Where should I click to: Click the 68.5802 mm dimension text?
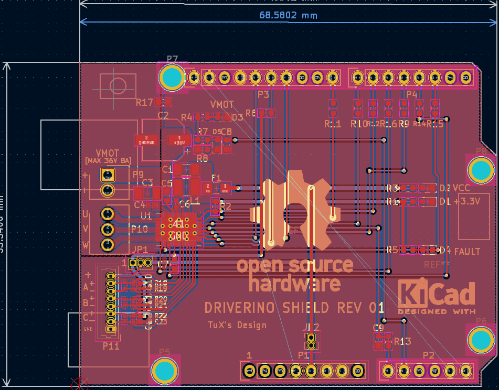pyautogui.click(x=288, y=15)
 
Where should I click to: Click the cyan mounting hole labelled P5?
pyautogui.click(x=165, y=370)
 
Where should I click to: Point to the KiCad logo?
pyautogui.click(x=437, y=297)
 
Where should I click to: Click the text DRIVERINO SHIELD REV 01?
pyautogui.click(x=294, y=308)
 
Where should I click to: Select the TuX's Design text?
pyautogui.click(x=237, y=325)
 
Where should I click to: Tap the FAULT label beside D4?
pyautogui.click(x=468, y=252)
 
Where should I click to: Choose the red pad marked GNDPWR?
pyautogui.click(x=146, y=140)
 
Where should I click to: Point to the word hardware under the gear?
pyautogui.click(x=294, y=284)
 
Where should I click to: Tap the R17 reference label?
pyautogui.click(x=144, y=102)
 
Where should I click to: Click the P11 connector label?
pyautogui.click(x=111, y=346)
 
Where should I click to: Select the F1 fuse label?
pyautogui.click(x=216, y=178)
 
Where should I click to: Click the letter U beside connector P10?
pyautogui.click(x=86, y=214)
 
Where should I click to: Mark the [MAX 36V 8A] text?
pyautogui.click(x=108, y=160)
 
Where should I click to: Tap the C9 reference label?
pyautogui.click(x=378, y=328)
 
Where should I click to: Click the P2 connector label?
pyautogui.click(x=429, y=355)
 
